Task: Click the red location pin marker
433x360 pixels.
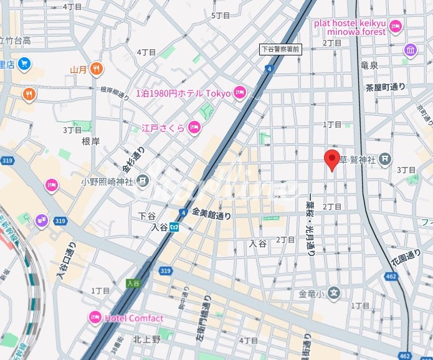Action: pos(332,160)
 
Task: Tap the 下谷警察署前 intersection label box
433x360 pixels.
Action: pos(280,49)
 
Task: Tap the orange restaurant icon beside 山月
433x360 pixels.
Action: pos(96,69)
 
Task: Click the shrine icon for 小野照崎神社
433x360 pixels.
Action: pos(143,181)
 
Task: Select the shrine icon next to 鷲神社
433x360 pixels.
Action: pos(386,160)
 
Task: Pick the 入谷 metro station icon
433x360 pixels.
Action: pos(175,227)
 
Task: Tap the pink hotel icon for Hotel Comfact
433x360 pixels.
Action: pos(95,318)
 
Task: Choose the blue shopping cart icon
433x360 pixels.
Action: pos(24,64)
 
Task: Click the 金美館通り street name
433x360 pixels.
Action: pos(211,214)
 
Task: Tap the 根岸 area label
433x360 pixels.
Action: pos(91,141)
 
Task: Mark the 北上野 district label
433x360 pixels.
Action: pos(146,339)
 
